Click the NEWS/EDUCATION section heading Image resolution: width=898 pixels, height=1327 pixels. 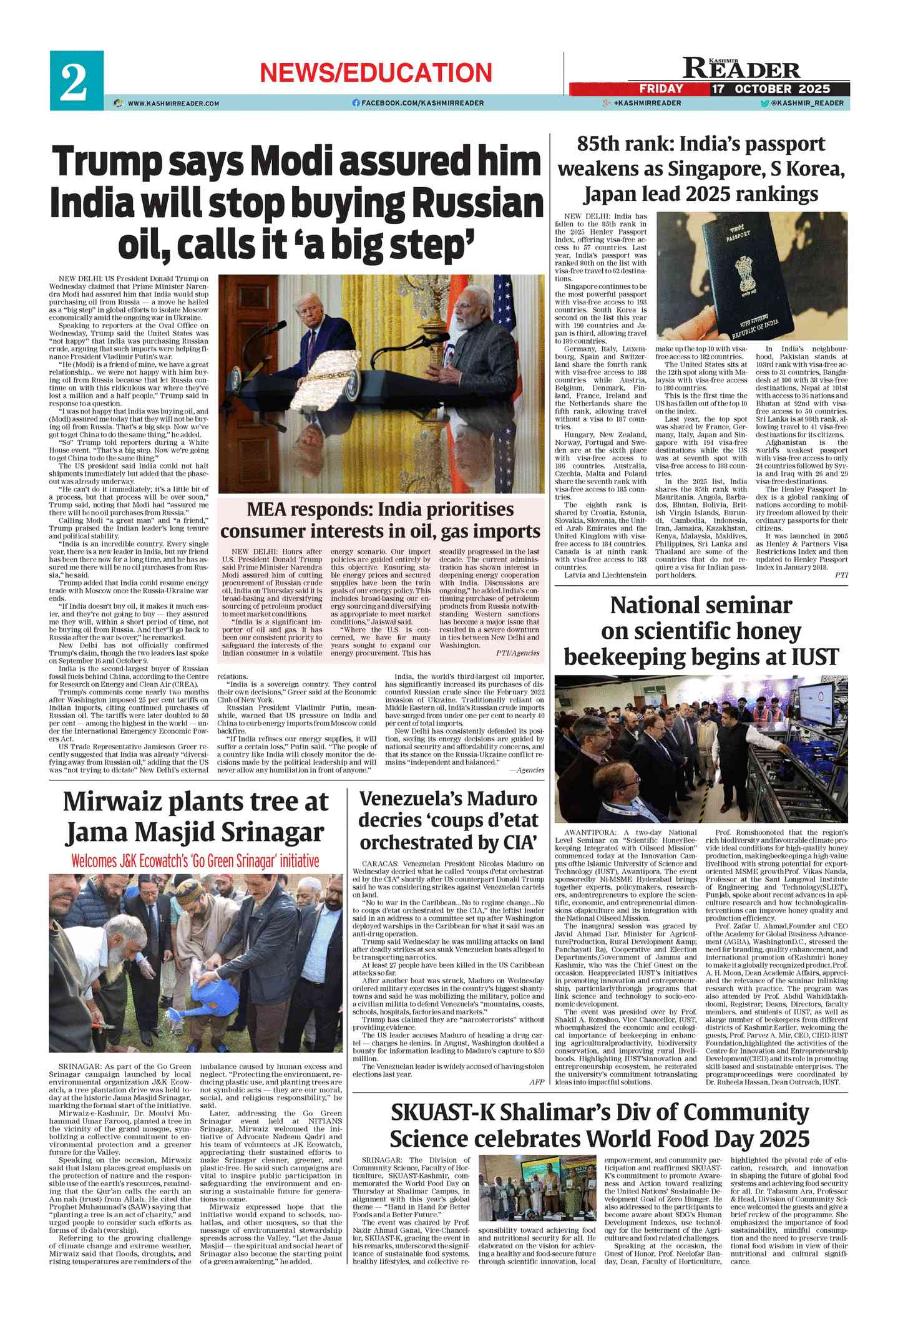tap(376, 73)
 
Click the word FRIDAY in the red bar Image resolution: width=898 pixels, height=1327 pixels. tap(661, 89)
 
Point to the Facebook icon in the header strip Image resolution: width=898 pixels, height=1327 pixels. tap(356, 103)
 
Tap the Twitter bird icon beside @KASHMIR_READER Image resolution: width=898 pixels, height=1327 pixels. tap(764, 103)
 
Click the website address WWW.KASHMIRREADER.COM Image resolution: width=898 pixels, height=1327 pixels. tap(173, 103)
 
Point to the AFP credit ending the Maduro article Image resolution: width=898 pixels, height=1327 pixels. tap(537, 1082)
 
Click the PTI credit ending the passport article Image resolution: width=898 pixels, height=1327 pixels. tap(841, 575)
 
